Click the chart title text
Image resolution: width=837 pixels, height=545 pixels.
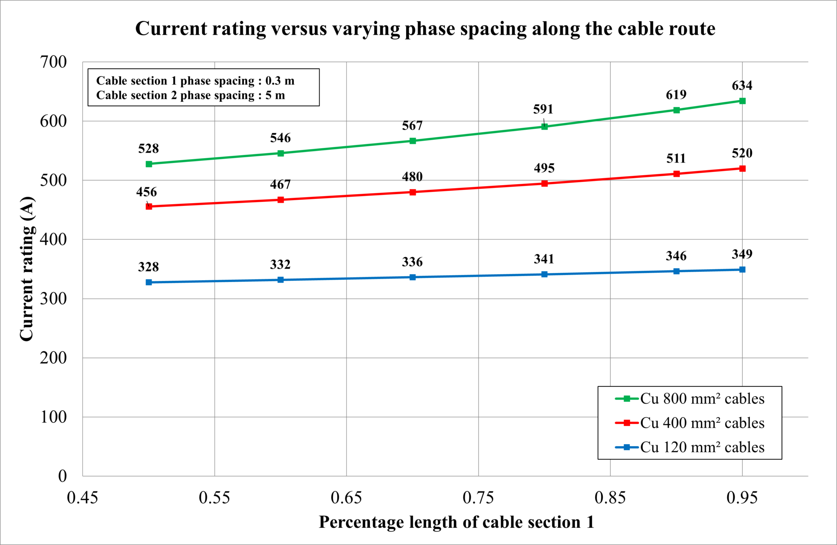tap(425, 29)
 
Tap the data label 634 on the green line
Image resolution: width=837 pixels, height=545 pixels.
tap(742, 85)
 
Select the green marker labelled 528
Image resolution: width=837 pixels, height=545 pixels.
tap(149, 164)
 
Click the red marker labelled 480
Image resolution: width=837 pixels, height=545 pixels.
tap(413, 192)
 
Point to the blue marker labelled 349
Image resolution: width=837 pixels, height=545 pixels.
tap(742, 269)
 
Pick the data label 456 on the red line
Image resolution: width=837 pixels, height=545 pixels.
tap(146, 192)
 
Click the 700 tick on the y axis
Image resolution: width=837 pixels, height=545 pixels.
tap(53, 62)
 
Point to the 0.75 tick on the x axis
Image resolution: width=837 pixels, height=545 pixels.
tap(478, 498)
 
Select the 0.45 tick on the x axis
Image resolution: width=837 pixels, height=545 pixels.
tap(83, 498)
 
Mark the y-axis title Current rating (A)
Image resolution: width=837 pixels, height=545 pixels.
tap(27, 269)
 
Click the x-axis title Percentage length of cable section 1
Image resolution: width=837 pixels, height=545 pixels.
tap(456, 522)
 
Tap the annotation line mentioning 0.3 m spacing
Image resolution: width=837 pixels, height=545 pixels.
tap(195, 80)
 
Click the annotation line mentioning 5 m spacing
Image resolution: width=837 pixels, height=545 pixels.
tap(190, 95)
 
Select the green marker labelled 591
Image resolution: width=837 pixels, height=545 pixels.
tap(544, 127)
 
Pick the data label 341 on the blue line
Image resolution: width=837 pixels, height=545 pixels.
tap(544, 259)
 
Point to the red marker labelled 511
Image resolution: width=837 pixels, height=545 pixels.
tap(676, 174)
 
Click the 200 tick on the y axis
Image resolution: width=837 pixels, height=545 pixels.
tap(53, 358)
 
